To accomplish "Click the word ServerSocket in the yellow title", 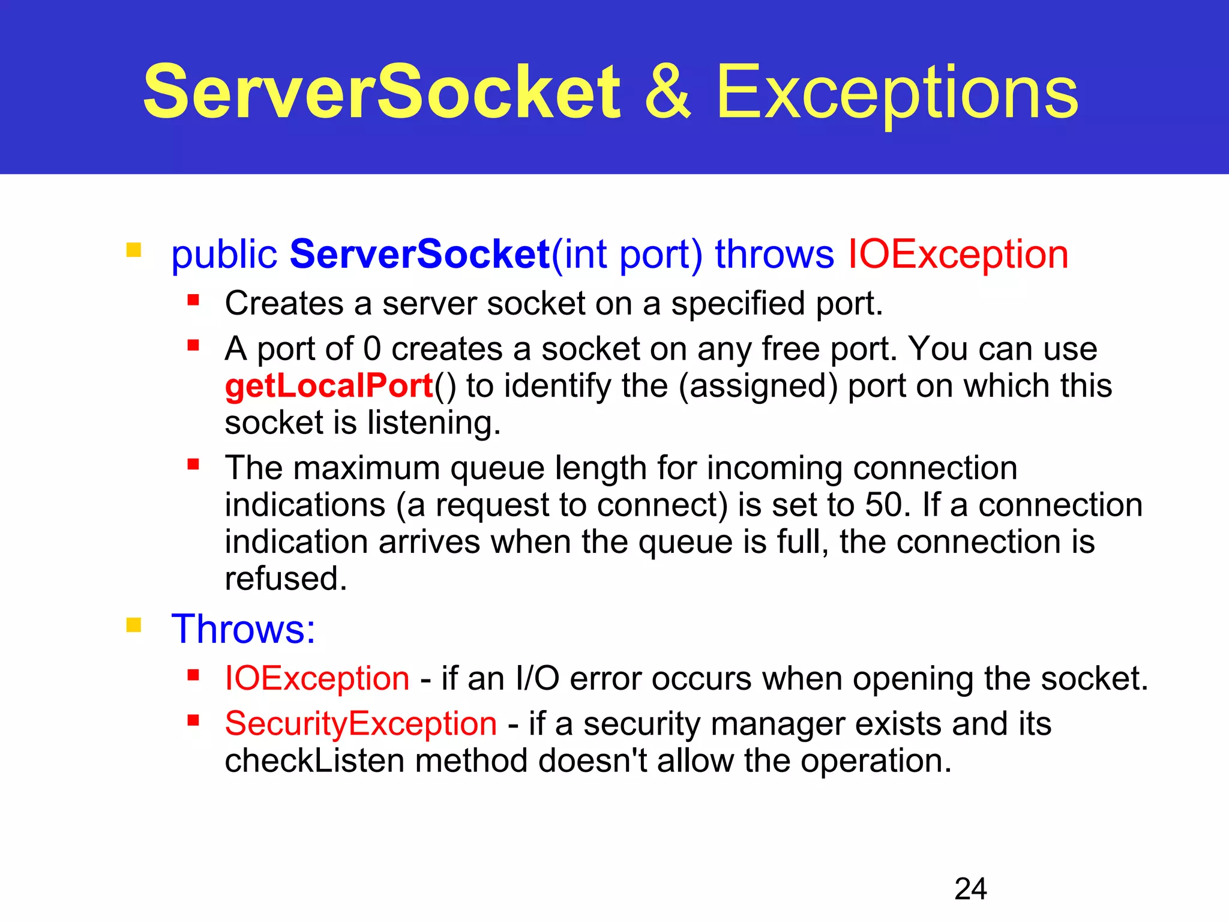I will pos(382,93).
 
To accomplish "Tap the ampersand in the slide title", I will pos(667,93).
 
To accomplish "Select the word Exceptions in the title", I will pos(897,93).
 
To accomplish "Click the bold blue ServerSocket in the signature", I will pos(419,255).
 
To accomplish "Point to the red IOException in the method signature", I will pos(958,255).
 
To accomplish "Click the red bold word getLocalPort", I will pos(329,386).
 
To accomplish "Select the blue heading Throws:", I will pos(243,629).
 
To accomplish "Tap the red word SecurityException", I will pos(361,723).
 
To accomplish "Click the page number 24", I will pos(970,889).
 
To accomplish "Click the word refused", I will pos(286,579).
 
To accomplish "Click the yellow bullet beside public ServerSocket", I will pos(134,250).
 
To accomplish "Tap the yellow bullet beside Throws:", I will pos(134,625).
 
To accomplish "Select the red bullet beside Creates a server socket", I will pos(193,300).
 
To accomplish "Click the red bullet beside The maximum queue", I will pos(193,464).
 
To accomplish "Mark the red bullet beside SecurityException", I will pos(193,720).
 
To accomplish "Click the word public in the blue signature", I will pos(224,255).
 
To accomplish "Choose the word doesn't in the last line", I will pos(592,761).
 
